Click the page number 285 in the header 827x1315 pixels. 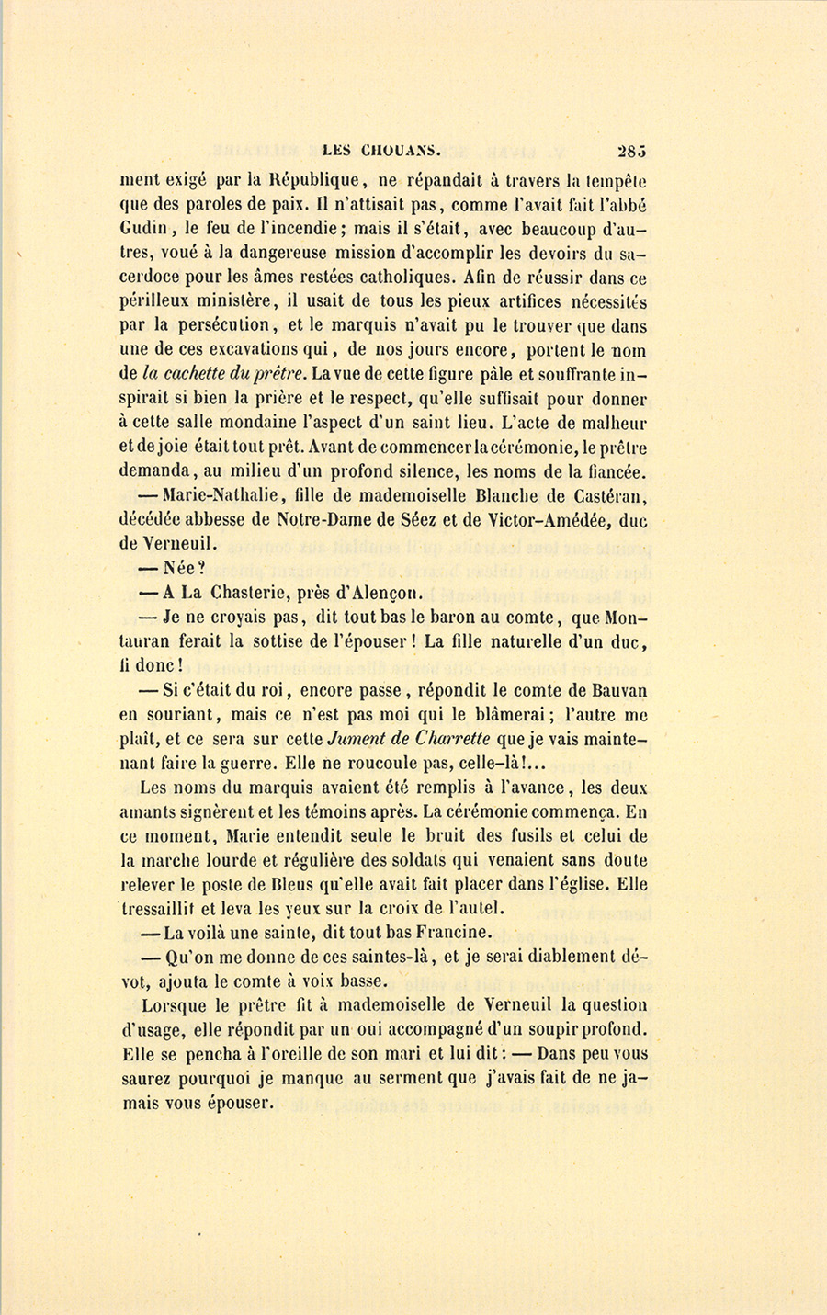click(632, 149)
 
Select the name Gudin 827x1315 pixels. click(142, 229)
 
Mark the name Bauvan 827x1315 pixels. click(617, 690)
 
